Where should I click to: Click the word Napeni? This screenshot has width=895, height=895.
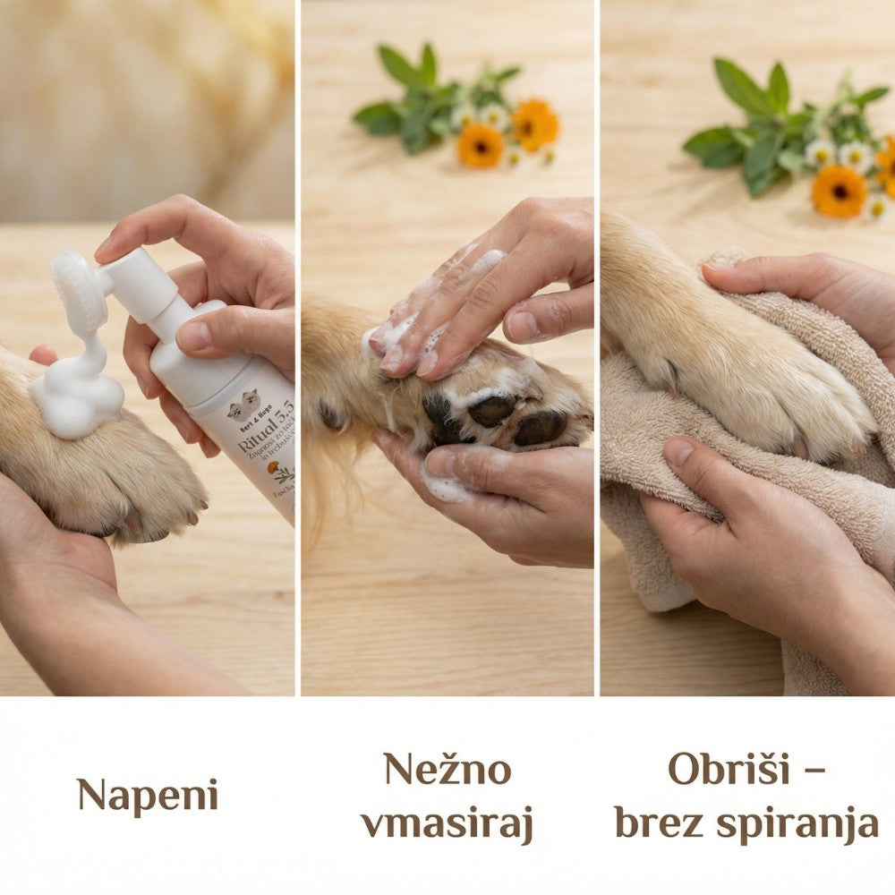147,795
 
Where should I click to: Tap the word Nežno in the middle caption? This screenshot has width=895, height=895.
447,769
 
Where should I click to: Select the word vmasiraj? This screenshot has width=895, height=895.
447,823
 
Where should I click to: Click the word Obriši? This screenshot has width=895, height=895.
729,769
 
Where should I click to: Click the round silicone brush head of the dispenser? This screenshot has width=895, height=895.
79,291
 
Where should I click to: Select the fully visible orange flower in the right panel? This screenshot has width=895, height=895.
839,191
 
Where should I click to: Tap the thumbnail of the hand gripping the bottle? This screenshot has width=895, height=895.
193,336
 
